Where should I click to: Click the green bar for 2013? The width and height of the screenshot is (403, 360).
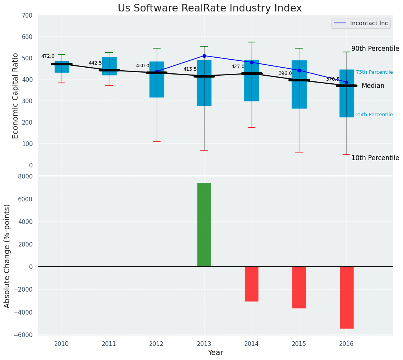204,225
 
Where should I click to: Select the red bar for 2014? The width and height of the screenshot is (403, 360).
252,284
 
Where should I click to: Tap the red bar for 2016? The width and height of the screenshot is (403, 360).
346,297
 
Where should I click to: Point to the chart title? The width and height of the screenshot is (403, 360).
210,8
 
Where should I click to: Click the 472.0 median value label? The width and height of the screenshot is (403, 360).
48,56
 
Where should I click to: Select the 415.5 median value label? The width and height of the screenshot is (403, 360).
190,69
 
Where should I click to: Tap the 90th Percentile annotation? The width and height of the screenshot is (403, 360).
375,49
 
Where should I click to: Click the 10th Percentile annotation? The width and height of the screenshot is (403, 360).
375,158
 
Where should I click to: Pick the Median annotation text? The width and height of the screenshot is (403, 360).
373,86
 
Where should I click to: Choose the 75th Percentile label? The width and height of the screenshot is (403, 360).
374,72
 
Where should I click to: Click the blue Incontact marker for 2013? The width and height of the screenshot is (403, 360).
204,56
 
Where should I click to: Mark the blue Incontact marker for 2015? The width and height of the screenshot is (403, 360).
299,70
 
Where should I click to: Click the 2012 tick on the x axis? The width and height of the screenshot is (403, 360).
156,344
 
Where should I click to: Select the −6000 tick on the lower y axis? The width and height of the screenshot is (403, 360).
26,335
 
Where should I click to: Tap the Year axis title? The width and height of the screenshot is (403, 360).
215,353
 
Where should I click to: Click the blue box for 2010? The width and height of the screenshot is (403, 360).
62,67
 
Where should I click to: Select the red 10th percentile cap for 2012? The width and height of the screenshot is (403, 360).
157,142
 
